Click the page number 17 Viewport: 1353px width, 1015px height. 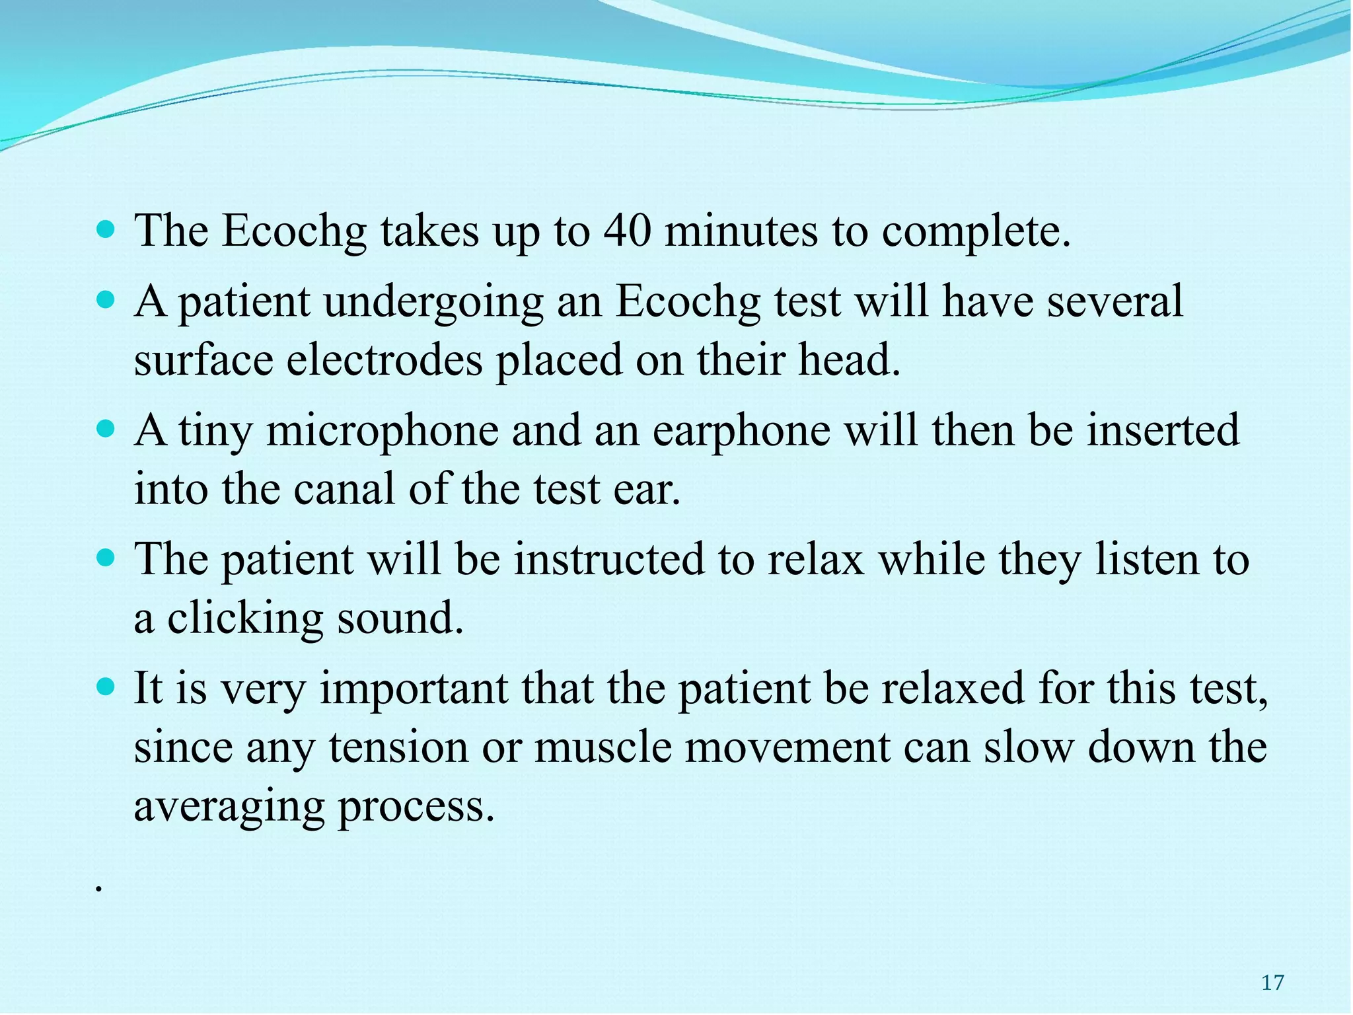(x=1272, y=983)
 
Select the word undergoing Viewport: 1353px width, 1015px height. (x=433, y=303)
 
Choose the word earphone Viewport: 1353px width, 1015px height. (x=741, y=431)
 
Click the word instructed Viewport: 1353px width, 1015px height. (x=609, y=560)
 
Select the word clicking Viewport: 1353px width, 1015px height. (x=244, y=619)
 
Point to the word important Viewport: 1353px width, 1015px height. (x=414, y=688)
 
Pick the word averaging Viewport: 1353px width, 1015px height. (x=229, y=807)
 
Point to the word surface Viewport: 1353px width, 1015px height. (x=203, y=361)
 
